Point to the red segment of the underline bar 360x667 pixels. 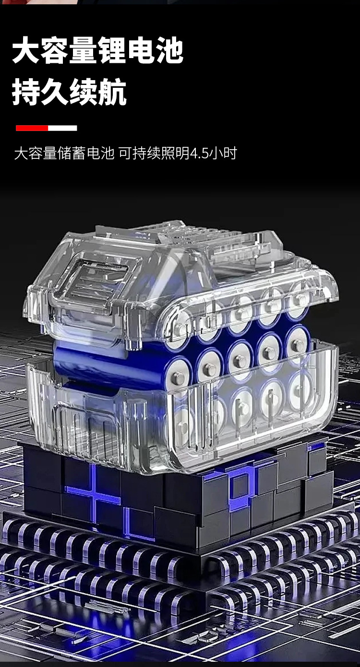[32, 128]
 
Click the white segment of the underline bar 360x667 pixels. [62, 128]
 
